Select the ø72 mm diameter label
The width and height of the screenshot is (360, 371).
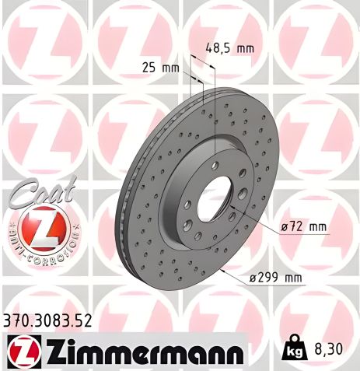pyautogui.click(x=305, y=226)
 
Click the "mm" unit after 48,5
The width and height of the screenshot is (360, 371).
pyautogui.click(x=245, y=48)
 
